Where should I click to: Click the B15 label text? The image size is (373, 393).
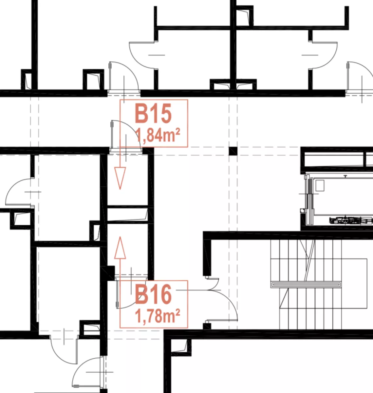click(153, 113)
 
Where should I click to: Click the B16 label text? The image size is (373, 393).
click(153, 294)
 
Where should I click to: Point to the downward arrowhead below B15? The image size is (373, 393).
click(120, 178)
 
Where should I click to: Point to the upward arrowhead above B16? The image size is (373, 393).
click(120, 248)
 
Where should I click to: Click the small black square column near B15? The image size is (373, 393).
click(233, 151)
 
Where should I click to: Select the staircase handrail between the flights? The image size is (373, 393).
click(306, 284)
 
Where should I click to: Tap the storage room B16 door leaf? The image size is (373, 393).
click(117, 293)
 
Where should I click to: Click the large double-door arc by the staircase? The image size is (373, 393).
click(230, 300)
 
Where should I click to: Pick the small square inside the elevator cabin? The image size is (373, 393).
click(320, 185)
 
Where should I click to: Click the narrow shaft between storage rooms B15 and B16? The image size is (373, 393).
click(127, 215)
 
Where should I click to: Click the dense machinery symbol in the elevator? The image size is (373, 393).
click(351, 221)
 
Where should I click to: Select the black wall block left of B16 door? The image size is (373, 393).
click(107, 273)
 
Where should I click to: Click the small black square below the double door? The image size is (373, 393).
click(207, 327)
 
